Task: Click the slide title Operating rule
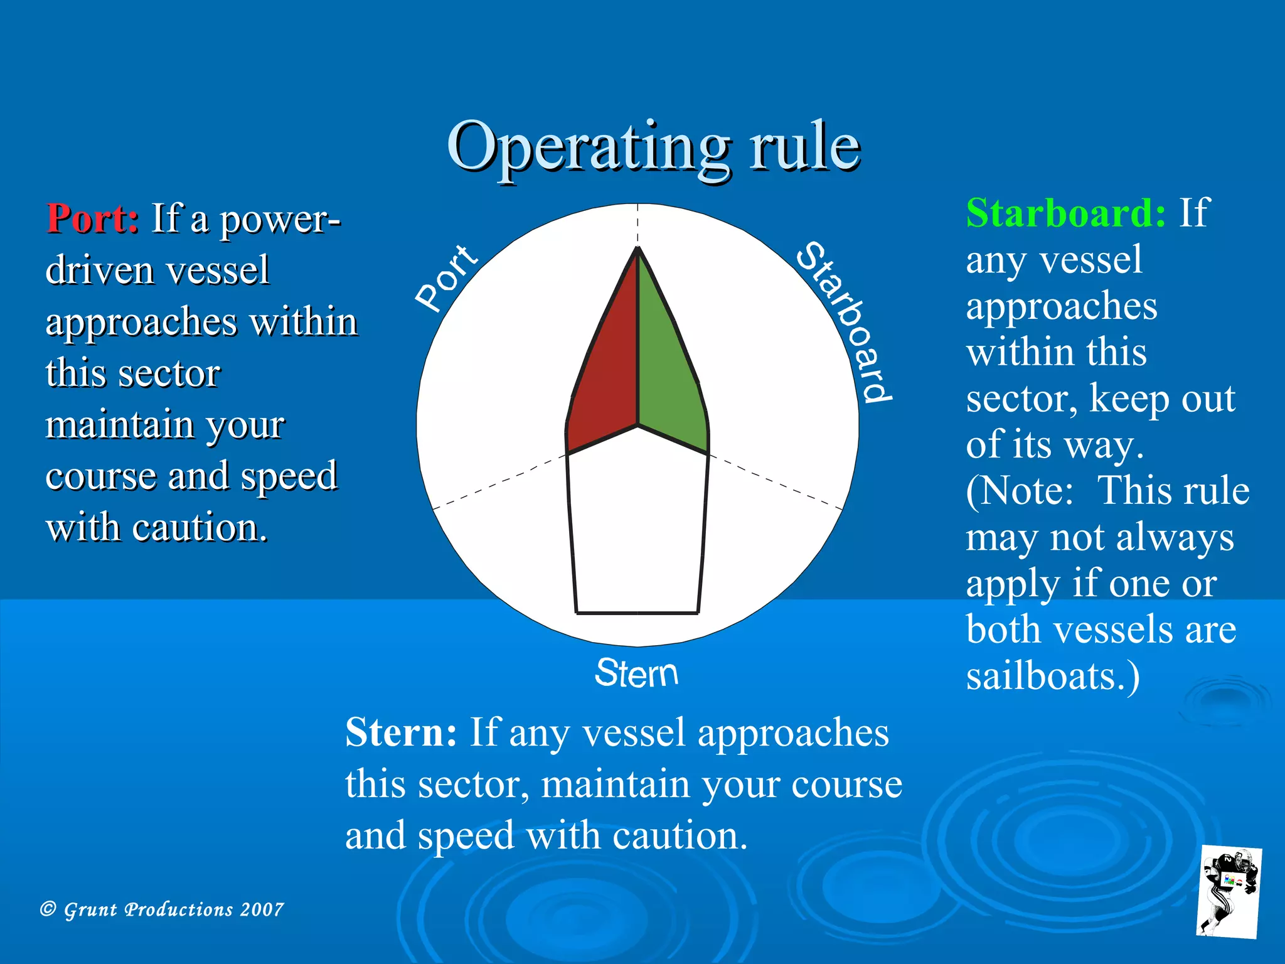click(x=653, y=147)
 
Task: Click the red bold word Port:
click(x=93, y=219)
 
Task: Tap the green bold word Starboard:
click(x=1065, y=213)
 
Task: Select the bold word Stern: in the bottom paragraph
click(x=401, y=732)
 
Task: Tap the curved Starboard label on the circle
click(x=844, y=320)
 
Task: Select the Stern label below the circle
click(x=636, y=673)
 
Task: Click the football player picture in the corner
click(x=1229, y=892)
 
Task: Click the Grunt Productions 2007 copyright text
click(x=162, y=909)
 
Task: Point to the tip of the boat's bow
click(x=637, y=250)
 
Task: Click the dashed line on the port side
click(x=499, y=481)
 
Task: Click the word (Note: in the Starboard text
click(x=1020, y=491)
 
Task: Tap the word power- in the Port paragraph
click(x=280, y=220)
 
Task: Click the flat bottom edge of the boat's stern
click(x=637, y=612)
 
